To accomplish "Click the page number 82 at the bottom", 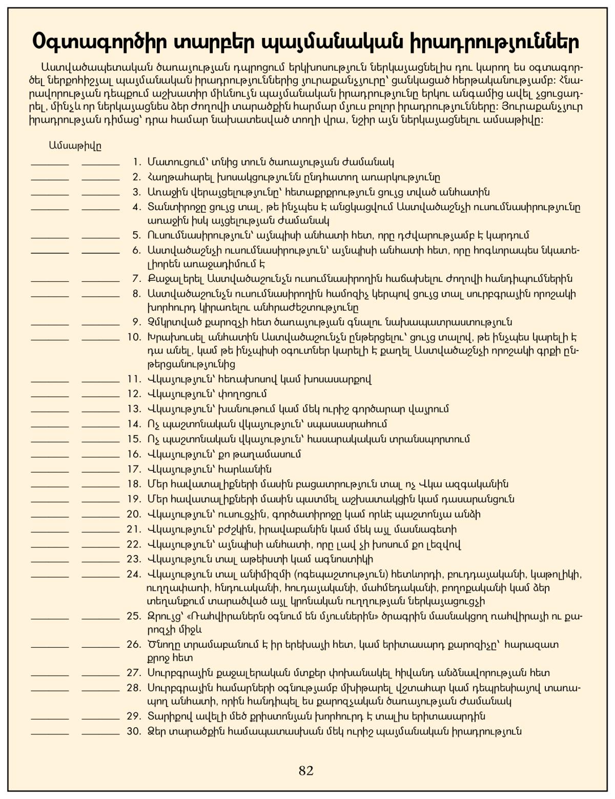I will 306,770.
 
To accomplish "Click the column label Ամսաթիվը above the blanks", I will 75,146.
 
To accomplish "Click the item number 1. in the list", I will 136,162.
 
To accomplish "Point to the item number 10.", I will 134,337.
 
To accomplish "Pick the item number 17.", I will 134,469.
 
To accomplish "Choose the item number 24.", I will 134,574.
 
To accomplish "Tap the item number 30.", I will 134,731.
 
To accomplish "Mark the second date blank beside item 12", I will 100,397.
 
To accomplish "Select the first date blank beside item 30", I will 50,734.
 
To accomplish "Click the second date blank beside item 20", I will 100,517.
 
